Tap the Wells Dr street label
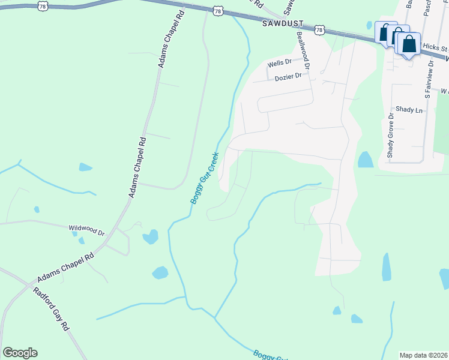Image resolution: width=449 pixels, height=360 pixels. click(279, 62)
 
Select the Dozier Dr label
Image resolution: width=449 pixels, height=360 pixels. click(288, 77)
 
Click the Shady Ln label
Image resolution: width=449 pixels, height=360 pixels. click(409, 110)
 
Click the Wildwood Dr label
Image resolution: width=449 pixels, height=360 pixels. click(87, 229)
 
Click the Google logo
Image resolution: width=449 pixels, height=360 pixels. click(20, 353)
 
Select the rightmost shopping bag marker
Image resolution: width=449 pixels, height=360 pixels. click(409, 44)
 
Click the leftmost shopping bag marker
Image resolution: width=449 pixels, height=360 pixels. click(384, 31)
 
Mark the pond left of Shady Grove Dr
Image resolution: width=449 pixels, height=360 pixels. click(365, 160)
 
